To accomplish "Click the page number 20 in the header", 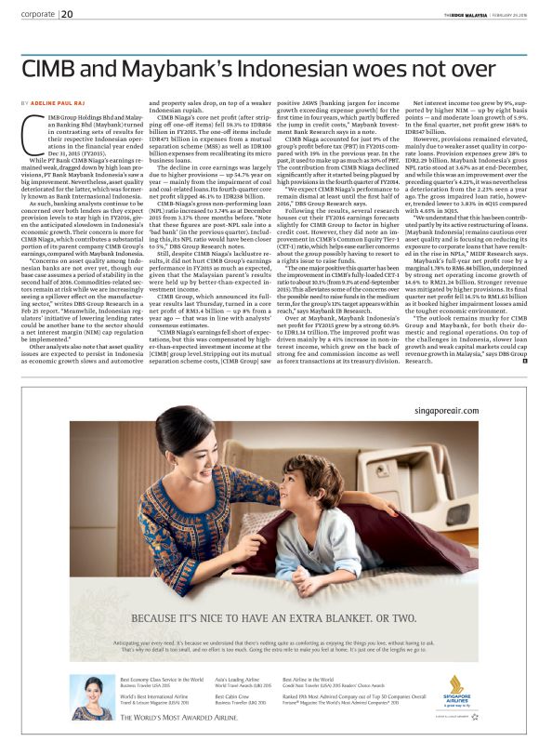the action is tap(69, 14).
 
